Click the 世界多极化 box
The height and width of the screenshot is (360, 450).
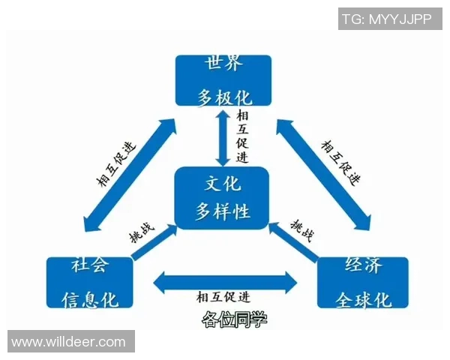coord(223,80)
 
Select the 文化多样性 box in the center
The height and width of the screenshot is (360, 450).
coord(222,198)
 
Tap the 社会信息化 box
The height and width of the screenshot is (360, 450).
coord(89,283)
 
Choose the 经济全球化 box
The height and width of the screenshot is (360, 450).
coord(363,283)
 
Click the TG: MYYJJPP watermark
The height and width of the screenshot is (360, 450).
coord(390,19)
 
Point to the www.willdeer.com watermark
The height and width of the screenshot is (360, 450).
coord(71,341)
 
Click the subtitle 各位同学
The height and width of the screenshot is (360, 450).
coord(235,319)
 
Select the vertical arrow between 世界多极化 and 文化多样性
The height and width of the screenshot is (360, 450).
coord(223,138)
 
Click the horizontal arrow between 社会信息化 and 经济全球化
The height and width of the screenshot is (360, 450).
coord(225,282)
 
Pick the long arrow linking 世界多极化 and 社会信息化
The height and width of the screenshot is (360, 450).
coord(130,174)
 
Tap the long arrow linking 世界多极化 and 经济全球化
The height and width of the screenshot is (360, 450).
coord(323,175)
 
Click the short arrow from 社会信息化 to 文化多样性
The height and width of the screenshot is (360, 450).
coord(154,242)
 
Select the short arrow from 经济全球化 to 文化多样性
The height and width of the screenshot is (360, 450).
coord(294,241)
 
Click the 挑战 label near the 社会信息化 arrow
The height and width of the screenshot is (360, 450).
coord(142,232)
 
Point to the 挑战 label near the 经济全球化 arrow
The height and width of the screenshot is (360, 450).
coord(302,231)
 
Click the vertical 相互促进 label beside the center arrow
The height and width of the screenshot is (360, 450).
coord(242,137)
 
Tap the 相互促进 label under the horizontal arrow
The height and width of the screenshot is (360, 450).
coord(223,298)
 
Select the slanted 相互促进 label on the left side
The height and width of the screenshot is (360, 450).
coord(116,164)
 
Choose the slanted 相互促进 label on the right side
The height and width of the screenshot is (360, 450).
coord(340,163)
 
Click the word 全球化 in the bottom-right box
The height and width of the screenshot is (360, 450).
coord(363,300)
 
